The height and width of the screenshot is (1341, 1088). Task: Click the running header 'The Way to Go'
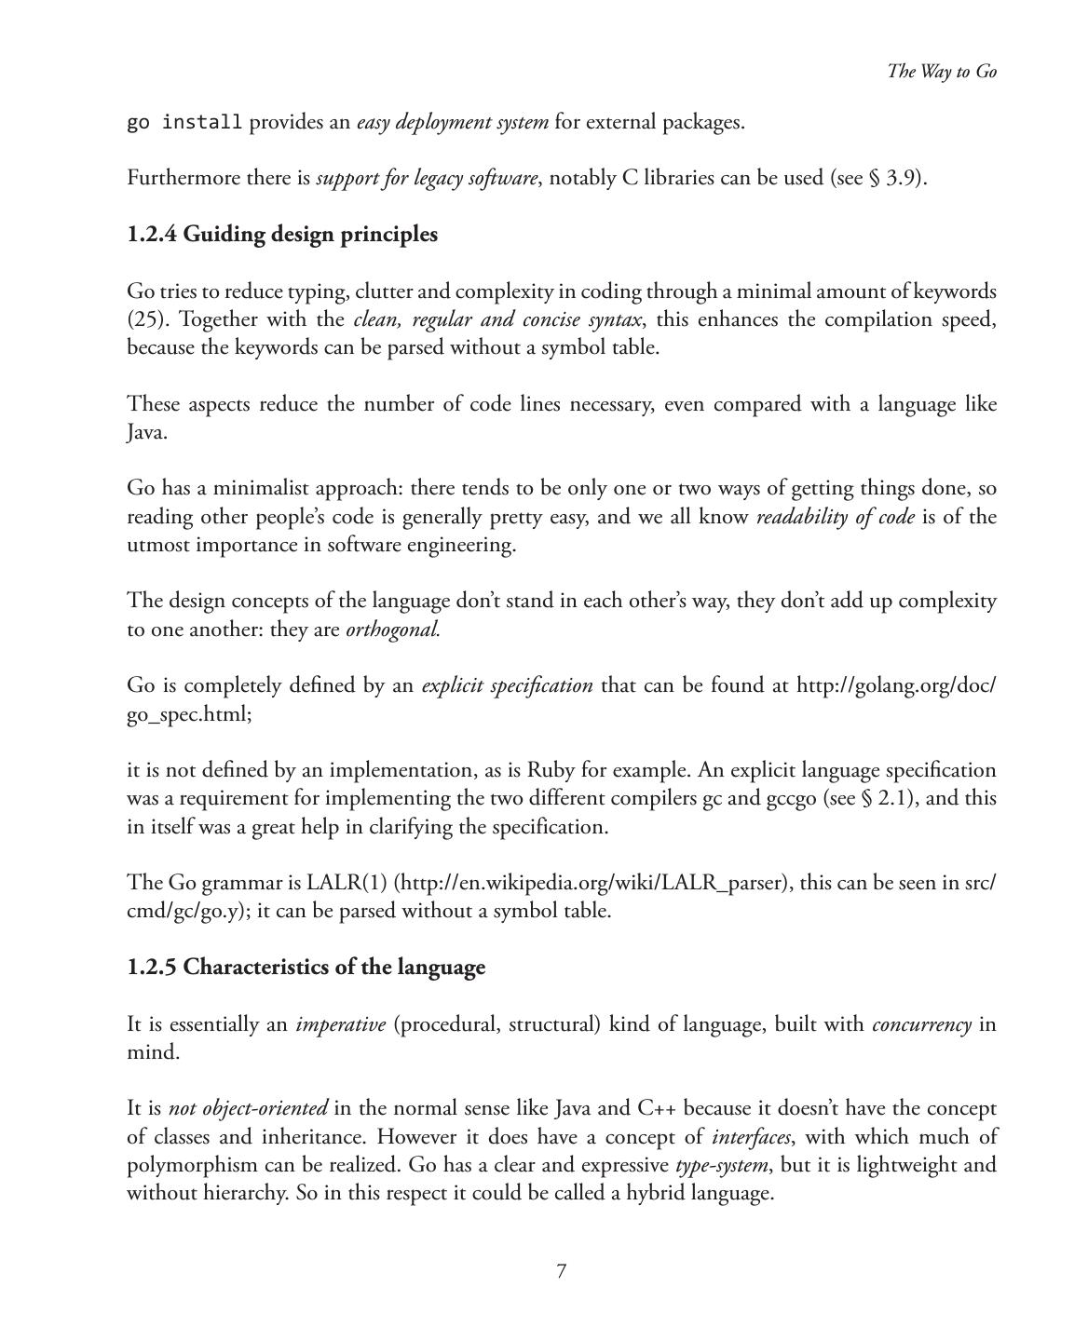click(x=942, y=72)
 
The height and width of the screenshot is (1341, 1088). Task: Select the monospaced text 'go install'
click(x=184, y=123)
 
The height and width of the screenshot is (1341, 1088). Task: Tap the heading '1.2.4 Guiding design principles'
click(x=282, y=235)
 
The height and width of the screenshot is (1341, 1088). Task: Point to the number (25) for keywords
click(x=146, y=319)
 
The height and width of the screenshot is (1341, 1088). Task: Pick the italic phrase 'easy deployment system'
click(x=453, y=123)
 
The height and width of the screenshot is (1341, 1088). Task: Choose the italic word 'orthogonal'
click(x=392, y=630)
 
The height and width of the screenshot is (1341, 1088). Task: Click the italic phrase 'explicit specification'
click(x=507, y=686)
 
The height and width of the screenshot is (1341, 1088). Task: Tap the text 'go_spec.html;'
click(x=189, y=714)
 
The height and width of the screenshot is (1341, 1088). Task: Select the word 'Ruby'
click(x=551, y=770)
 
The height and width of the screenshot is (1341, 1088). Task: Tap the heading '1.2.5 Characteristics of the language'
click(x=306, y=968)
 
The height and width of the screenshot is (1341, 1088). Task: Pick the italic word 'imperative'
click(x=340, y=1024)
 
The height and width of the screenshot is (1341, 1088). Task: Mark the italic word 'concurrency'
click(x=921, y=1024)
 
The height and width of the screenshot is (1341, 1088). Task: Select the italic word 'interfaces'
click(x=751, y=1137)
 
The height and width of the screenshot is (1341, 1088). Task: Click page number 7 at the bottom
click(x=561, y=1272)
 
